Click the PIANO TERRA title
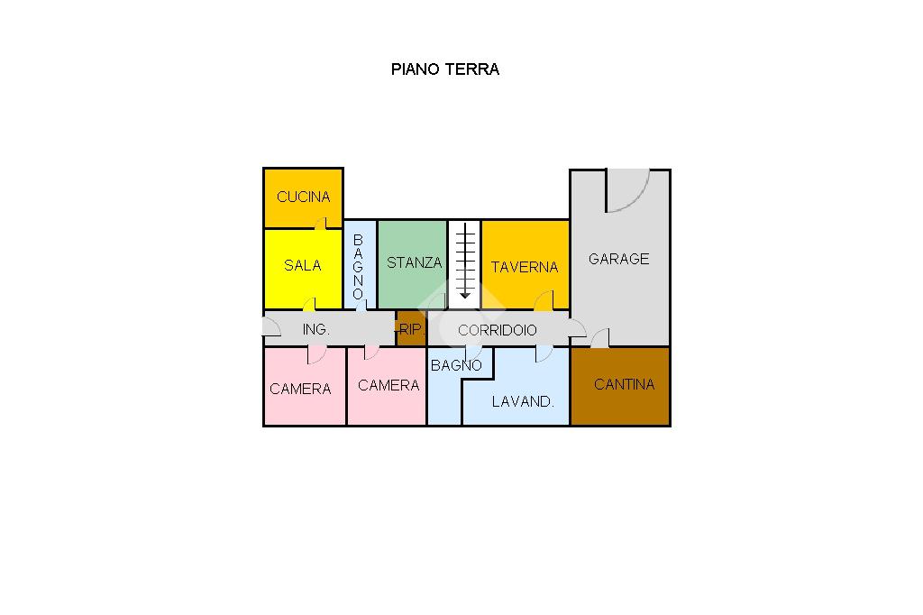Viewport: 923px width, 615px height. point(444,69)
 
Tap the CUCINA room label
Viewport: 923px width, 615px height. point(303,197)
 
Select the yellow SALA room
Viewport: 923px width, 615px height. point(302,265)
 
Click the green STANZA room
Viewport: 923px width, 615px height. point(414,262)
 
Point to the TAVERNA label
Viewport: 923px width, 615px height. point(524,267)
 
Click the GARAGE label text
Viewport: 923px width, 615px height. point(618,259)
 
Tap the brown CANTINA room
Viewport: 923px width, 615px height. point(624,384)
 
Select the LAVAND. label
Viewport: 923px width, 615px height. point(522,401)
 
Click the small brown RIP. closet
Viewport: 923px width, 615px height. point(410,329)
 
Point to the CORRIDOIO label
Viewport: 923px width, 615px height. point(497,330)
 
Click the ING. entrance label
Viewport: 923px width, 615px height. point(315,330)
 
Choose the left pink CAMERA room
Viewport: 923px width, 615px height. point(300,389)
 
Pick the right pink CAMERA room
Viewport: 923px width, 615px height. point(388,385)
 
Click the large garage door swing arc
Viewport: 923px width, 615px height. point(628,192)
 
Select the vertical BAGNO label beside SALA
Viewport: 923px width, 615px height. point(358,267)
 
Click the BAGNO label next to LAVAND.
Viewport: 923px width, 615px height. point(456,365)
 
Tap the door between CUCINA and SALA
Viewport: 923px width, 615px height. point(319,224)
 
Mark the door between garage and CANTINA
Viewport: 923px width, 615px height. point(599,339)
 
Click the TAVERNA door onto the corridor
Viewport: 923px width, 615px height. point(544,301)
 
